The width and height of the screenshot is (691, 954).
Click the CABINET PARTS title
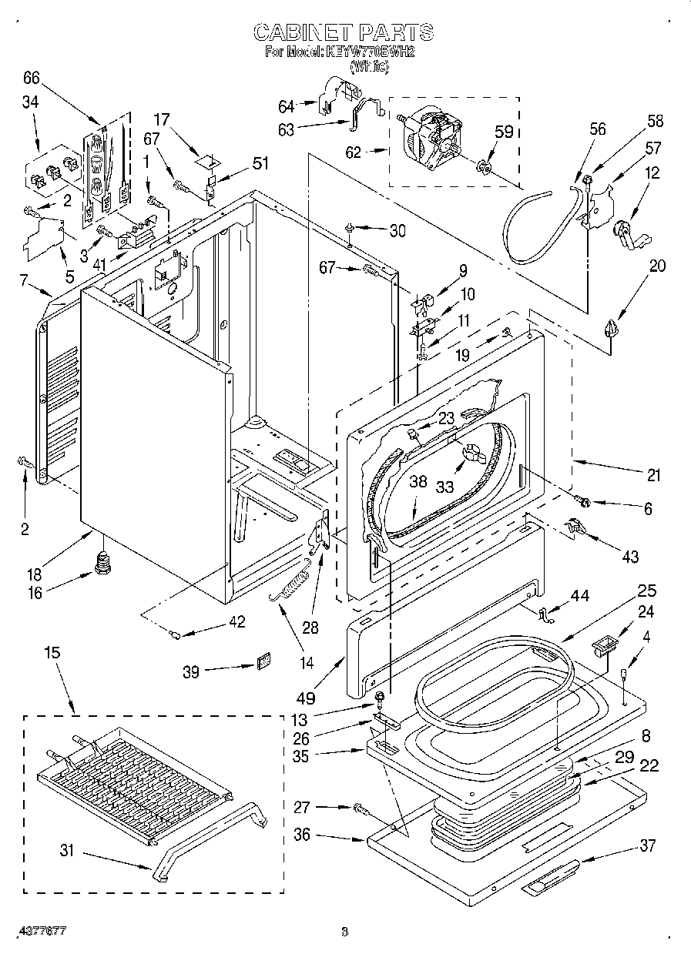coord(343,32)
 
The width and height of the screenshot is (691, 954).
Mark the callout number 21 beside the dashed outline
coord(653,476)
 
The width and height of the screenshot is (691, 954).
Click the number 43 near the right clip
coord(629,557)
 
